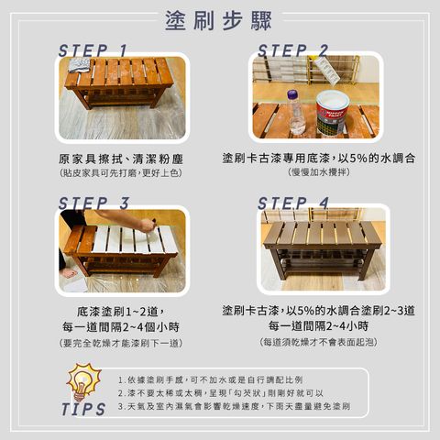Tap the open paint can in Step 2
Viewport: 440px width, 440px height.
[x=333, y=114]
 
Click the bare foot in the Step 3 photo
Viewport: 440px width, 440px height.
[x=70, y=272]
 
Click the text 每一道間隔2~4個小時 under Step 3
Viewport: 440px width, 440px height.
[x=120, y=326]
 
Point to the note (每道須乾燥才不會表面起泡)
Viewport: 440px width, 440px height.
[x=319, y=342]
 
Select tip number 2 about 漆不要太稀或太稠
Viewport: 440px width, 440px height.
[x=229, y=392]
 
